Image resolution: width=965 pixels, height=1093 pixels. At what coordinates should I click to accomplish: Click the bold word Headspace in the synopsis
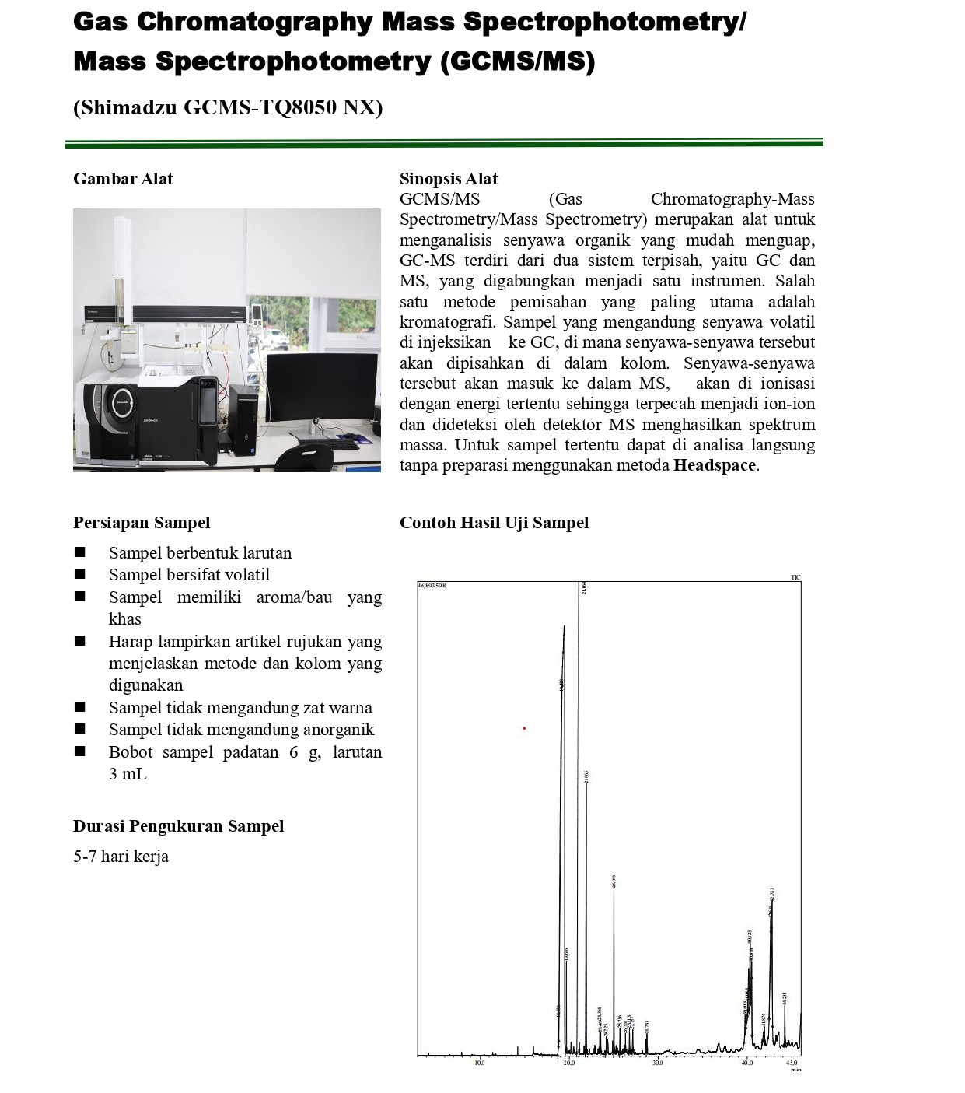tap(714, 465)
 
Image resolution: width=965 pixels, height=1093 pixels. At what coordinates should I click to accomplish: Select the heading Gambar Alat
tap(123, 179)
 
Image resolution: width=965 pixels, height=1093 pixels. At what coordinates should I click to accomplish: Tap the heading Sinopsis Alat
tap(449, 179)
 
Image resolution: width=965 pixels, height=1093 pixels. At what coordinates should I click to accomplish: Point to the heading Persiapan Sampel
tap(142, 523)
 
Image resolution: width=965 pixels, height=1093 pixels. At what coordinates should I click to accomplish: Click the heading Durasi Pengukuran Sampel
tap(178, 826)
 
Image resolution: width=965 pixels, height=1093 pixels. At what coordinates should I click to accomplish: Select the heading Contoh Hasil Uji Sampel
tap(494, 523)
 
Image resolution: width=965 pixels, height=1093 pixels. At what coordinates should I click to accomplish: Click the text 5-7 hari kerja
tap(121, 857)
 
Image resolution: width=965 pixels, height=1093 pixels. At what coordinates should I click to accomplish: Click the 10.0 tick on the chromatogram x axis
tap(480, 1063)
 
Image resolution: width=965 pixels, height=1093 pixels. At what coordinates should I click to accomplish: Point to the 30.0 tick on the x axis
tap(658, 1063)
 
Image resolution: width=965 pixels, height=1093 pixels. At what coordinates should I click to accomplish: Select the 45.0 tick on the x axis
tap(792, 1063)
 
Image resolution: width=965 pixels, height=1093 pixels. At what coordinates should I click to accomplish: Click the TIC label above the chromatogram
tap(795, 577)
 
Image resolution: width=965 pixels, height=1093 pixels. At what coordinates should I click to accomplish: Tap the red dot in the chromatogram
tap(524, 728)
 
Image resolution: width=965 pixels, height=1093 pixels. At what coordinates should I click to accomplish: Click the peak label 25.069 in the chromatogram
tap(614, 881)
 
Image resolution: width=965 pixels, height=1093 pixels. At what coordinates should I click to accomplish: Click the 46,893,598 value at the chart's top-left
tap(432, 585)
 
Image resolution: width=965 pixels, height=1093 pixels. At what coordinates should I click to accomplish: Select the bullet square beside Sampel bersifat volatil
tap(79, 575)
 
